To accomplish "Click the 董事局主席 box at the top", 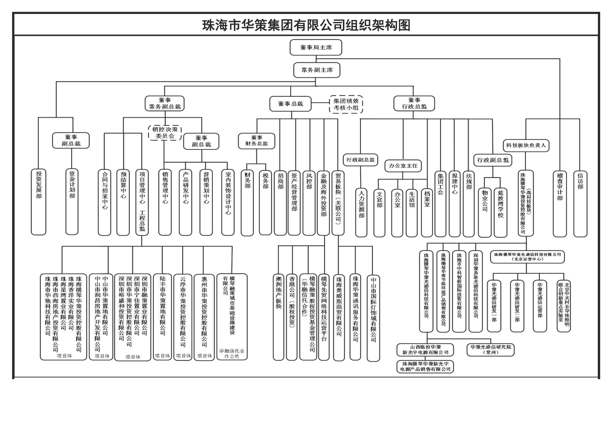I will tap(316, 48).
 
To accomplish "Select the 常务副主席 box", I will tap(317, 70).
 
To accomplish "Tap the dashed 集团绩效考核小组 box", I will tap(346, 104).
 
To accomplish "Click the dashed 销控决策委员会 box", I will tap(165, 133).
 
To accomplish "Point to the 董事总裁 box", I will tap(290, 104).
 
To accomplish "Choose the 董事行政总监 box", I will tap(414, 103).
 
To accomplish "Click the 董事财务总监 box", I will tap(257, 141).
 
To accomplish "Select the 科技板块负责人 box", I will tap(526, 145).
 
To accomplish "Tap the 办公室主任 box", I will tap(403, 166).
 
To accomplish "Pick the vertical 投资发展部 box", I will tap(39, 202).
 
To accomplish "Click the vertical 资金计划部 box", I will tap(72, 202).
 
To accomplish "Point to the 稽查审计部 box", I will tap(560, 203).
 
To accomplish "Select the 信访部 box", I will tap(580, 203).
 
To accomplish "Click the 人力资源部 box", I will tap(361, 212).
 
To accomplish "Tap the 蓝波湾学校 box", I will tap(500, 212).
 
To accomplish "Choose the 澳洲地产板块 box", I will tap(278, 317).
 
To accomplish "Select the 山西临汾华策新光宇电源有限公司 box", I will tap(425, 350).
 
